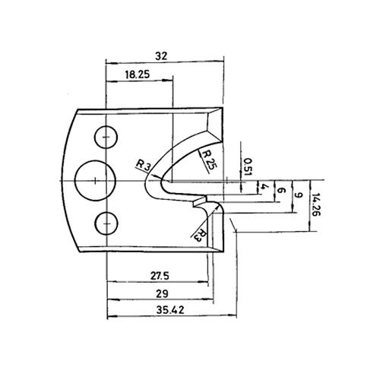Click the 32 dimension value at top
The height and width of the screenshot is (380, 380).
pos(162,56)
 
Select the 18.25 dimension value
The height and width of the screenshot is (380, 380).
pos(138,74)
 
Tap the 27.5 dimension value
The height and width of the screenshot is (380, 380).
pos(160,276)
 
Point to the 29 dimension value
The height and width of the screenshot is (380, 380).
pos(162,294)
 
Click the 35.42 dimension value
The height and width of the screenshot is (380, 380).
pos(170,310)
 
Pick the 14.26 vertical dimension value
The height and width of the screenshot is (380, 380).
pos(316,204)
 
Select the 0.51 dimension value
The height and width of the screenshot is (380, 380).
pos(248,166)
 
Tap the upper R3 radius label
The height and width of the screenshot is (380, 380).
pos(144,166)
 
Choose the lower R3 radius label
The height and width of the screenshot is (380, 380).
pos(201,236)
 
